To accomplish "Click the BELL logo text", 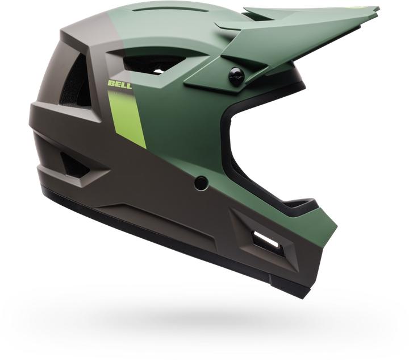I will (x=119, y=85).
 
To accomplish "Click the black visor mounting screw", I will (x=236, y=76).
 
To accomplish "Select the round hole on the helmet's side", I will (x=201, y=183).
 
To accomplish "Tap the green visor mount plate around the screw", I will (x=216, y=80).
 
